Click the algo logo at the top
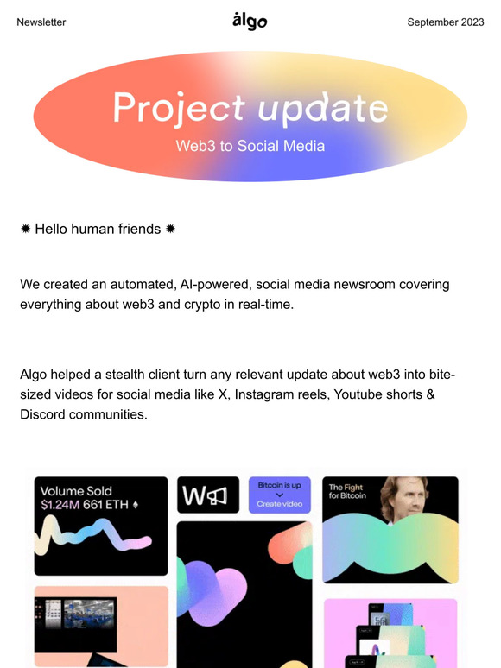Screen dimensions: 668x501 coord(250,21)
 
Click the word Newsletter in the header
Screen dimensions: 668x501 coord(41,22)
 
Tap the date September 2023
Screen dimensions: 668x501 coord(446,22)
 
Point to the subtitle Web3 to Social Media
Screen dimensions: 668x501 coord(250,146)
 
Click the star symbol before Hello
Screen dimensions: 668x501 coord(26,229)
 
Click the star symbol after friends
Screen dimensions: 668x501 coord(171,229)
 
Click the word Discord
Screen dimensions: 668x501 coord(44,415)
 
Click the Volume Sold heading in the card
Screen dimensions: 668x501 coord(76,490)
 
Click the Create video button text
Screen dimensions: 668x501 coord(280,504)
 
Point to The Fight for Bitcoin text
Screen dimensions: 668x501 coord(346,492)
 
